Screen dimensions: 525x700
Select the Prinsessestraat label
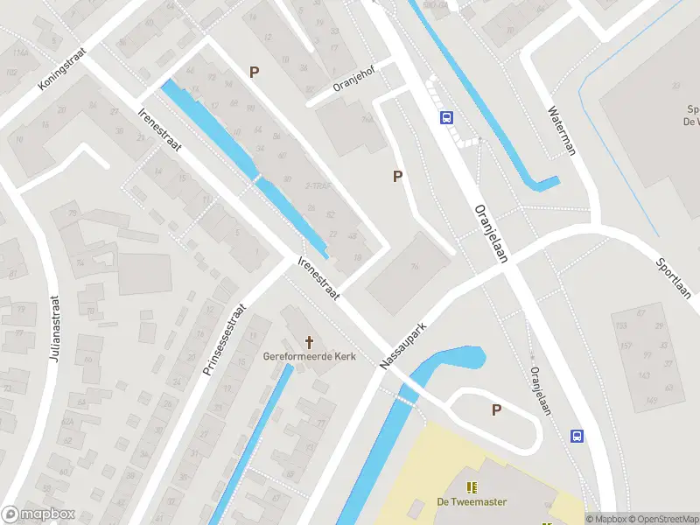coord(226,340)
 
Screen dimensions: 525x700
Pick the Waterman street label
coord(562,130)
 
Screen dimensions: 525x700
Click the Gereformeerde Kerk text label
coord(309,356)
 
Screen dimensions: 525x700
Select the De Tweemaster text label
coord(472,502)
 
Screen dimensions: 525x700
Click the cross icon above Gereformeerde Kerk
coord(309,340)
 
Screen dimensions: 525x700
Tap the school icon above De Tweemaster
coord(472,487)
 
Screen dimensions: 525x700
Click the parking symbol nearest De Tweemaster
coord(497,409)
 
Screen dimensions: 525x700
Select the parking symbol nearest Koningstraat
coord(255,73)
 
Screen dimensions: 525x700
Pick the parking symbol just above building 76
coord(398,177)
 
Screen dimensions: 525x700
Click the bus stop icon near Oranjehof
coord(446,118)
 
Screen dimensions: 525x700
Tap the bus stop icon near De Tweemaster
coord(577,436)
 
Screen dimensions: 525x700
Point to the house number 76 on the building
coord(413,267)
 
